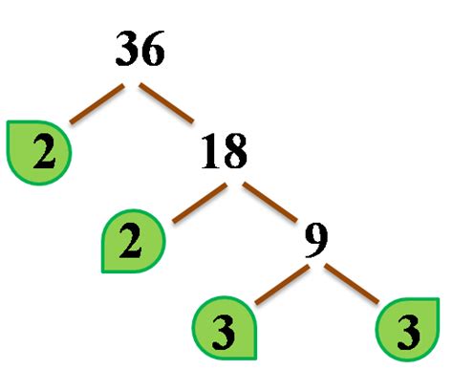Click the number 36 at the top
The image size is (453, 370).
(x=140, y=48)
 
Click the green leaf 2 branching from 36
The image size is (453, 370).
(x=39, y=152)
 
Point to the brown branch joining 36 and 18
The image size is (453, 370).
(x=168, y=104)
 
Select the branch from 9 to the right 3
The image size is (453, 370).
(x=357, y=284)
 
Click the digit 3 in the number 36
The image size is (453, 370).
(x=127, y=48)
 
